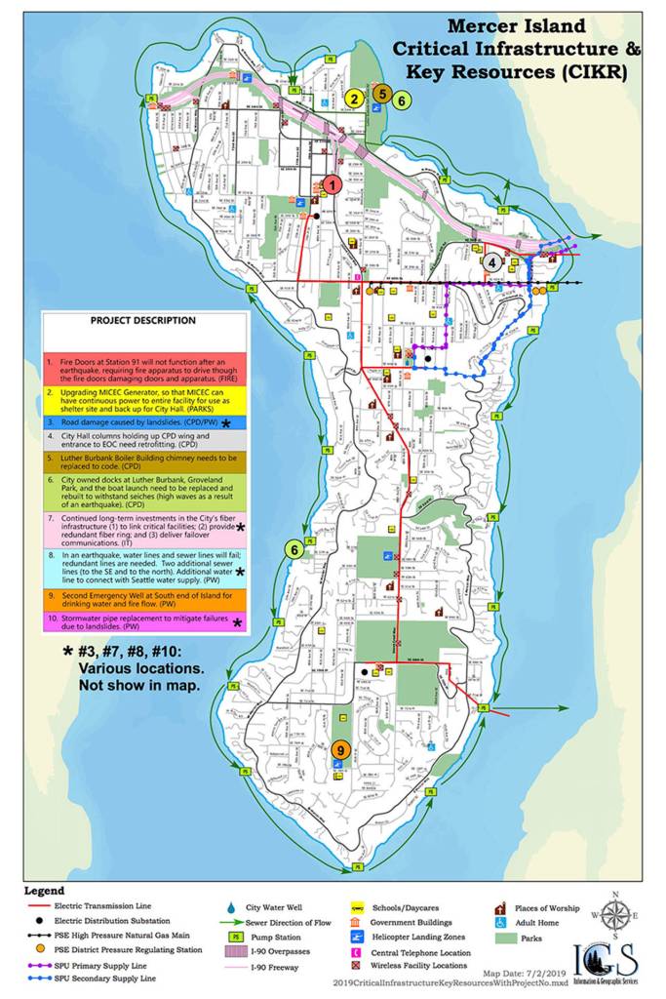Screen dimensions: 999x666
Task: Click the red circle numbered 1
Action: [x=332, y=183]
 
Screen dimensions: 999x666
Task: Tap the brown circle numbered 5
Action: [x=383, y=94]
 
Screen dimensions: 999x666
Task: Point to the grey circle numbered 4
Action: [x=494, y=261]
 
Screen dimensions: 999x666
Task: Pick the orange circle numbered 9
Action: [x=339, y=749]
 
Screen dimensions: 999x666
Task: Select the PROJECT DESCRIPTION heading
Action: [x=143, y=320]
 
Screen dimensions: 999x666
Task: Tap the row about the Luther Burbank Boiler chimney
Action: [x=143, y=461]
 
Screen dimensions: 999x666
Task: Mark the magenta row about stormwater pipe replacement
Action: [x=143, y=622]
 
